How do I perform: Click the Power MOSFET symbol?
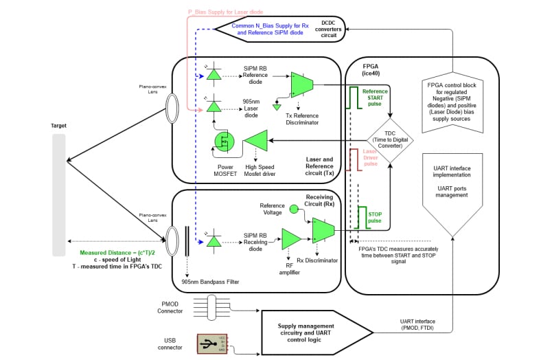point(225,141)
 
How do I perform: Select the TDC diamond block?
point(389,139)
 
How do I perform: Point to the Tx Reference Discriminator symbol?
point(301,84)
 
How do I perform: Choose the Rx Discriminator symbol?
point(323,229)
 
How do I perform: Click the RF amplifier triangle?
point(291,239)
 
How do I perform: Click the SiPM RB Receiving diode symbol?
point(214,240)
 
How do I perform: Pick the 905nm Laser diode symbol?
point(214,107)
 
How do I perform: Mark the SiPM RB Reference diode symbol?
point(214,74)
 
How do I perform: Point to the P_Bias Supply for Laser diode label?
point(226,12)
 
